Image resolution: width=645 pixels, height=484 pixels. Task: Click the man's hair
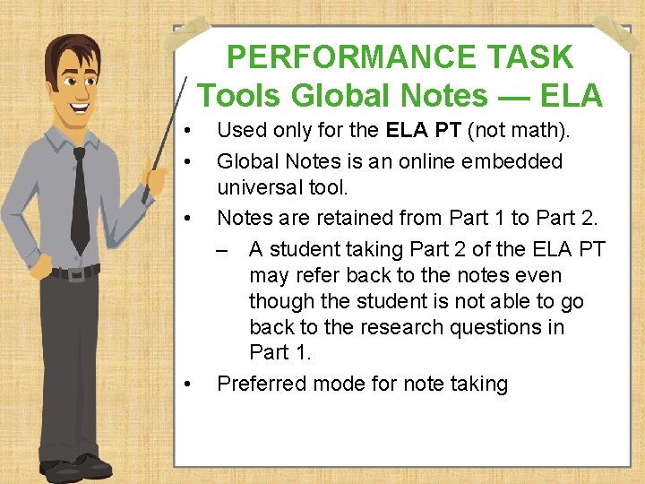(72, 49)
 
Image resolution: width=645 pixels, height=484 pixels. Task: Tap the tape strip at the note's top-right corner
(618, 34)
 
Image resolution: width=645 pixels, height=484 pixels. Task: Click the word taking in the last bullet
(479, 384)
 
